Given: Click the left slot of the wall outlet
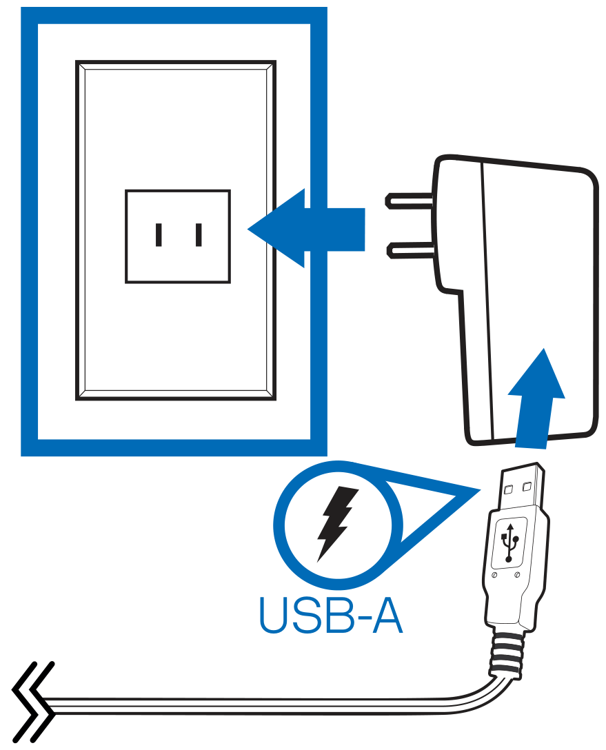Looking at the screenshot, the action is (159, 235).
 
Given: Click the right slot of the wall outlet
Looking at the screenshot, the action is (199, 235).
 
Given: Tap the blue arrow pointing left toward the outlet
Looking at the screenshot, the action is (306, 229).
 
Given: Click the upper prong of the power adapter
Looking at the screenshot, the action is (410, 199).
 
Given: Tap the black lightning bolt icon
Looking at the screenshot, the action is (337, 524).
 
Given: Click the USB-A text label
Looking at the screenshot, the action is (330, 615).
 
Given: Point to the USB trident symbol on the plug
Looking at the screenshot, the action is (510, 543).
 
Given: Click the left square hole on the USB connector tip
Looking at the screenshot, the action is (509, 489).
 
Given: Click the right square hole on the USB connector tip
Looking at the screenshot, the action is (527, 487).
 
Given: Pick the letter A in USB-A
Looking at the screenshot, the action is (385, 615).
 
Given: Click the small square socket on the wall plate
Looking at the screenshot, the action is (178, 236).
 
